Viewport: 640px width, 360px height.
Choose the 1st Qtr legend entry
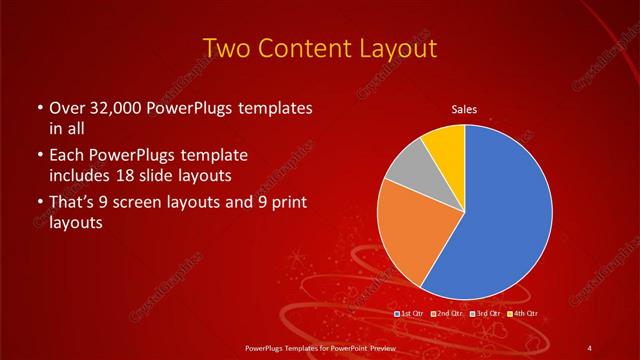(x=412, y=313)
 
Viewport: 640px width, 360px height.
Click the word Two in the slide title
(x=228, y=49)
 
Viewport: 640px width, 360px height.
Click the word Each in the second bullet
(x=65, y=156)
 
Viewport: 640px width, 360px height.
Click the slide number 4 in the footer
(x=591, y=347)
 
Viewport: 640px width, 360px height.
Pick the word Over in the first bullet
(x=66, y=108)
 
